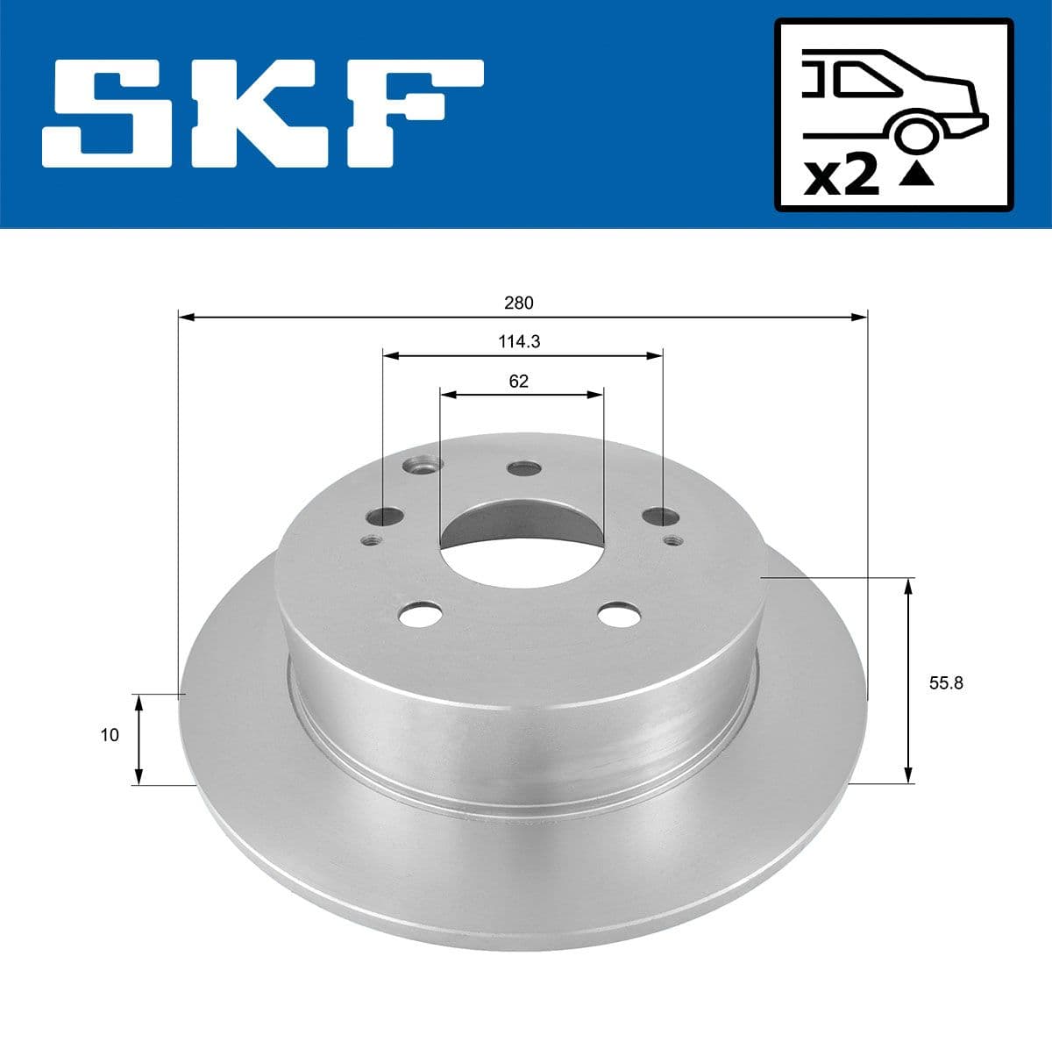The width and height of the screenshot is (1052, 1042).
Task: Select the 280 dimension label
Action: click(519, 303)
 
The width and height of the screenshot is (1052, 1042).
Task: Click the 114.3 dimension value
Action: click(519, 342)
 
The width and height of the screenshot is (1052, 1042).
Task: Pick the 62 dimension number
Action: click(519, 382)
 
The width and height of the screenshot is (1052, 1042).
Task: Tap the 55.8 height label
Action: click(946, 683)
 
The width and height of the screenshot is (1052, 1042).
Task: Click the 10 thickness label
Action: click(109, 735)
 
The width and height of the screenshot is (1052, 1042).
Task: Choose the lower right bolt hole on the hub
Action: click(619, 613)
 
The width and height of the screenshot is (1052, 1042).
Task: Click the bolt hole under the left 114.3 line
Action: click(383, 517)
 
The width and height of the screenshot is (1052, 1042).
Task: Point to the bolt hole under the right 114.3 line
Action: click(660, 517)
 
